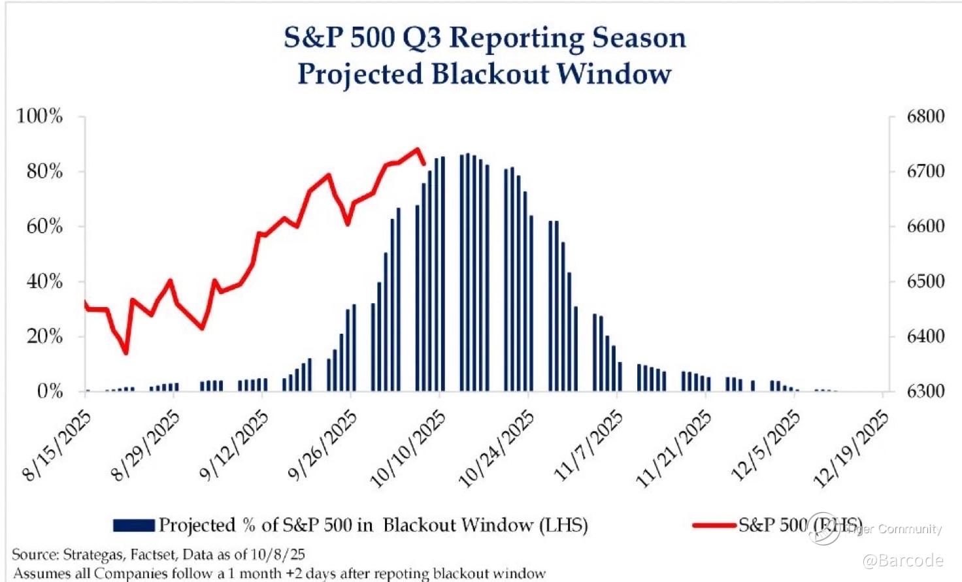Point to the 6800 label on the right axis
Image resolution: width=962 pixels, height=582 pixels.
coord(925,117)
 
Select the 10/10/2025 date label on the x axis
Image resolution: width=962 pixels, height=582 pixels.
coord(408,449)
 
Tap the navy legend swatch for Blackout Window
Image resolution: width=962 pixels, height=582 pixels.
coord(134,525)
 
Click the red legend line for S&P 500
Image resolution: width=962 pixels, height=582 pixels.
coord(714,525)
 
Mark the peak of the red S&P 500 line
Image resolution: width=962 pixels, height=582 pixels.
coord(418,150)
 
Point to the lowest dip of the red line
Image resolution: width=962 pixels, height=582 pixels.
coord(125,353)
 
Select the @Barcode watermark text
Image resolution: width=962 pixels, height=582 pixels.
coord(903,560)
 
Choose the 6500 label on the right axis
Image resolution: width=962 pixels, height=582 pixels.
coord(925,282)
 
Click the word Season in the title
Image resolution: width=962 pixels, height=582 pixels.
coord(639,38)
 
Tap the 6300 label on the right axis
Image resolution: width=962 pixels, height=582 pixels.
coord(925,392)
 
